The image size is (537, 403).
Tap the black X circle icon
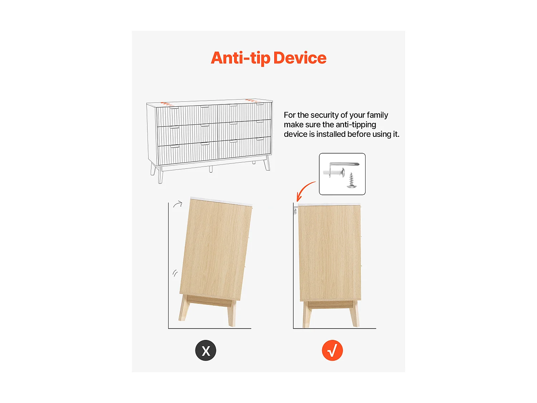pos(205,350)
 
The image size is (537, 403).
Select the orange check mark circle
pos(332,350)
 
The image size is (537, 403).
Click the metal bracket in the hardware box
pos(344,164)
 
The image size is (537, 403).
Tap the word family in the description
pos(377,115)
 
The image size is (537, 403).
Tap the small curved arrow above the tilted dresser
pos(178,205)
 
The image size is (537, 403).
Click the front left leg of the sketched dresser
pos(160,175)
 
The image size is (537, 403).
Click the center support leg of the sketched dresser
pos(211,169)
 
